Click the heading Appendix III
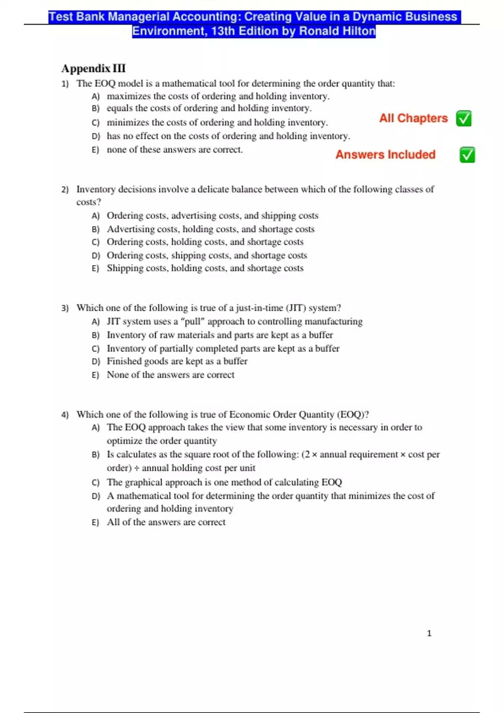tap(93, 68)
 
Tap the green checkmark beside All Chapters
tap(464, 119)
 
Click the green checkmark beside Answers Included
tap(467, 155)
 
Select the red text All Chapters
tap(413, 118)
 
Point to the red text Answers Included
tap(385, 155)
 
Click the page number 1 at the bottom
tap(429, 633)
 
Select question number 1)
tap(65, 84)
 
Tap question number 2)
tap(65, 190)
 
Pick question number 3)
tap(65, 308)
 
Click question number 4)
tap(65, 415)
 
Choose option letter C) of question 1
tap(96, 123)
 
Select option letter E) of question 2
tap(95, 268)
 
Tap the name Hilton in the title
tap(358, 31)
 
